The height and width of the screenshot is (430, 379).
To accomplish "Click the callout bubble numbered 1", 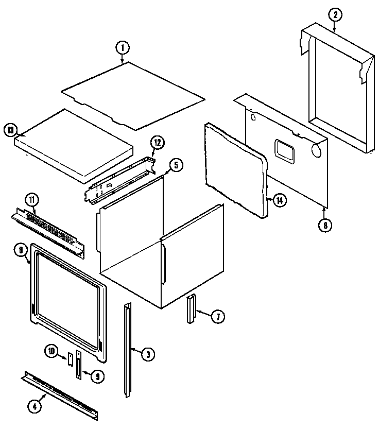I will tap(122, 48).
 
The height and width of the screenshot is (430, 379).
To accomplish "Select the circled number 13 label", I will tap(10, 130).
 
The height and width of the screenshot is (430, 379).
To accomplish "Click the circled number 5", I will tap(176, 165).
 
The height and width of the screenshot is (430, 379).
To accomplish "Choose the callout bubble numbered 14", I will tap(279, 201).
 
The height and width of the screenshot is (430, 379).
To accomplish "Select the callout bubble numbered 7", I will tap(217, 317).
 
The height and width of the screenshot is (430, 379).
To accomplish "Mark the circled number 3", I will tap(147, 354).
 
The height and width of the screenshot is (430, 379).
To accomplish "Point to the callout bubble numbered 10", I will tap(52, 352).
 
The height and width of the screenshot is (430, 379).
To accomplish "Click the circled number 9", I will tap(96, 376).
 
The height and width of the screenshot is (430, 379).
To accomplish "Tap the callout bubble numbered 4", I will tap(35, 406).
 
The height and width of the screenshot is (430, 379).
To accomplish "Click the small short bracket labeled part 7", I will tap(191, 309).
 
